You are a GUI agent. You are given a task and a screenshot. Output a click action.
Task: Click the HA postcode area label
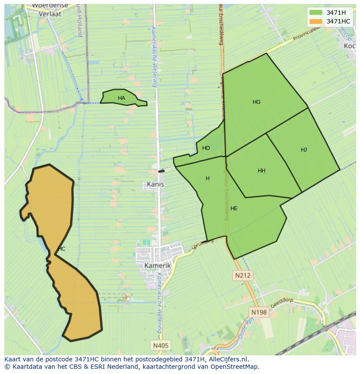tap(121, 98)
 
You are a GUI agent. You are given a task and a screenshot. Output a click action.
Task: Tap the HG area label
tap(257, 102)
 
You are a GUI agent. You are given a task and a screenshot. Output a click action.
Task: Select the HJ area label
tap(303, 150)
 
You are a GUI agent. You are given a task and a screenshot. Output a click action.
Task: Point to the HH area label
tap(261, 171)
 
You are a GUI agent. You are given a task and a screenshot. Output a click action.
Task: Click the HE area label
tap(234, 209)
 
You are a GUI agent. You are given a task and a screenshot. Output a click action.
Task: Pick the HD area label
tap(206, 148)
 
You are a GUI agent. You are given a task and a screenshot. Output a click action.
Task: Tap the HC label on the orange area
tap(61, 249)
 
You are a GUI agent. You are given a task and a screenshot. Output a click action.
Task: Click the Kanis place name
tap(155, 184)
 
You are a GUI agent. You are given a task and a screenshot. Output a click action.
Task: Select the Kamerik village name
tap(157, 265)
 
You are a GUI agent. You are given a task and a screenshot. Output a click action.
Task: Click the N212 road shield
tap(243, 275)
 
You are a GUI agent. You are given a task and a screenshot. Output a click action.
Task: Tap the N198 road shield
tap(259, 312)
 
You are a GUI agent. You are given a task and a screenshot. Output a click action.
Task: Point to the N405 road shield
tap(161, 345)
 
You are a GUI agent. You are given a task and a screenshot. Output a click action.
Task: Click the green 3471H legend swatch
tap(316, 13)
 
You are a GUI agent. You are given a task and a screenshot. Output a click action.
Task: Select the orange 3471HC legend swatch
tap(316, 21)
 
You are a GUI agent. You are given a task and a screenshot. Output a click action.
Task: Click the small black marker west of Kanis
tap(161, 171)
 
